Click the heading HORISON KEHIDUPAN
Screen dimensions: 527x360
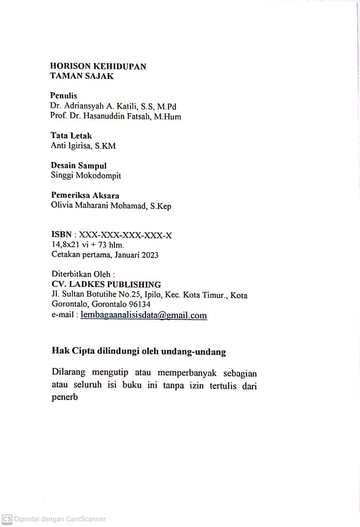(98, 66)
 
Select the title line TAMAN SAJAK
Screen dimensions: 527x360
(82, 76)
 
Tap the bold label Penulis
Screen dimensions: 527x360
(64, 96)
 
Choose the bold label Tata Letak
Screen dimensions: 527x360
(71, 136)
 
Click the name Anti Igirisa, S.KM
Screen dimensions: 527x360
(83, 146)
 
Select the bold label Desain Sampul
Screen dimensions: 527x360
(79, 166)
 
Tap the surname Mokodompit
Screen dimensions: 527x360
(98, 176)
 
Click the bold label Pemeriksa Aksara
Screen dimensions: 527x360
(85, 195)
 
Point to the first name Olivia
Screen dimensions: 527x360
(61, 206)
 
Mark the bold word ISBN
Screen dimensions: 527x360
(61, 235)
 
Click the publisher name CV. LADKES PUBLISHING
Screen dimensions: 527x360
(106, 285)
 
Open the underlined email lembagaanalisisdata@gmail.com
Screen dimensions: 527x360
(143, 315)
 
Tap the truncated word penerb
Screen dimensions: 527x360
(65, 397)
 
